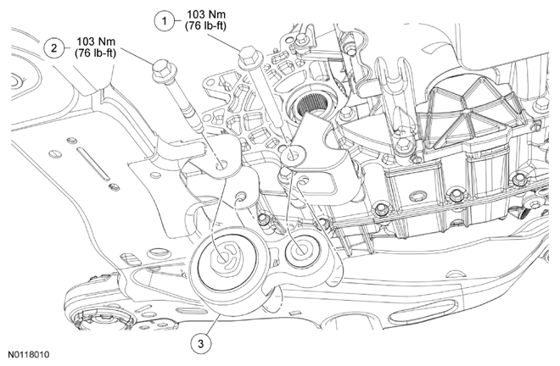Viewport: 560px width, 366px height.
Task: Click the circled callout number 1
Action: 165,20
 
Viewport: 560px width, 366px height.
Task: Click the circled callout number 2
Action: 54,48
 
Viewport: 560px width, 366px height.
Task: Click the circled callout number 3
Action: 201,343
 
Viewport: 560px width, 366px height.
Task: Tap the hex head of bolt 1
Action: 248,57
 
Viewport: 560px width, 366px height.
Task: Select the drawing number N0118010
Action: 29,355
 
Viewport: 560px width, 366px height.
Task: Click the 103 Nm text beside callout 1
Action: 205,14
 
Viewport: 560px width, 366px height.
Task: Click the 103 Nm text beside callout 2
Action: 96,42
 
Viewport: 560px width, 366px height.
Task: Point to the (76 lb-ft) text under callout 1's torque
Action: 205,26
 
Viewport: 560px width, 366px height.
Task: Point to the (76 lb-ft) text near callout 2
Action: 95,53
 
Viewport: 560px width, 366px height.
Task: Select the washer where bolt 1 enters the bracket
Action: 294,156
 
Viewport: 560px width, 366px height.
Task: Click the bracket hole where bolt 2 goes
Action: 221,165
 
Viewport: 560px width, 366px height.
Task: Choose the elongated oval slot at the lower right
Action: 423,311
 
